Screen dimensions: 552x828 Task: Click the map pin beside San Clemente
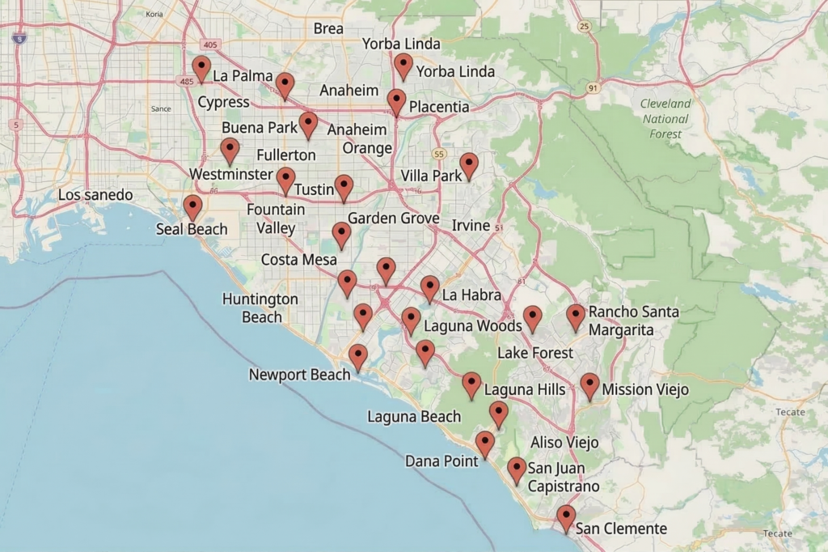click(x=566, y=517)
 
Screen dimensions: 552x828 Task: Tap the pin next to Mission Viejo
click(x=589, y=385)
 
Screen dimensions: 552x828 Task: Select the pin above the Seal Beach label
click(x=192, y=207)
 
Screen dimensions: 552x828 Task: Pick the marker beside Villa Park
click(x=469, y=165)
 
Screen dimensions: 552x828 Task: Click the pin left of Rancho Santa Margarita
click(x=576, y=316)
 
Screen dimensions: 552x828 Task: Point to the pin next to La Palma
click(x=201, y=69)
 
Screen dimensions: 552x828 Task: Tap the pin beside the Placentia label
click(x=396, y=101)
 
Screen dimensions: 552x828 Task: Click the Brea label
click(x=328, y=28)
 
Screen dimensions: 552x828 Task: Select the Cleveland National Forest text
click(x=665, y=118)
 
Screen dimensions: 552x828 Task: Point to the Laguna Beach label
click(x=413, y=417)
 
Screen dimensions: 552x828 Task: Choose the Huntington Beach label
click(x=260, y=308)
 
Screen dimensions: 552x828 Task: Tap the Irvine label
click(x=471, y=225)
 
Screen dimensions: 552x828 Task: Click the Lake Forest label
click(x=535, y=353)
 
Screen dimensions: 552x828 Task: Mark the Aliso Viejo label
click(x=564, y=442)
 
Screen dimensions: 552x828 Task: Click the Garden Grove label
click(x=393, y=219)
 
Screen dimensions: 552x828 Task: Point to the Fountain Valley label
click(x=276, y=219)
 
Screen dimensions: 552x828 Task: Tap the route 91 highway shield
click(x=594, y=87)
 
